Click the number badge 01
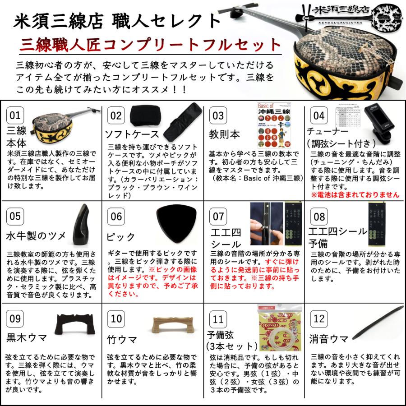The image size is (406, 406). (x=15, y=115)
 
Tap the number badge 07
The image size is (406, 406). (x=218, y=216)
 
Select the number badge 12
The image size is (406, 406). (x=319, y=319)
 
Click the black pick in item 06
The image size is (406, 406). (x=171, y=221)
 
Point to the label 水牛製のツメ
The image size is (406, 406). (x=36, y=236)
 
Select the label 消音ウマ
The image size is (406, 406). (x=329, y=339)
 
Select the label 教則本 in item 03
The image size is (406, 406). (x=224, y=134)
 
